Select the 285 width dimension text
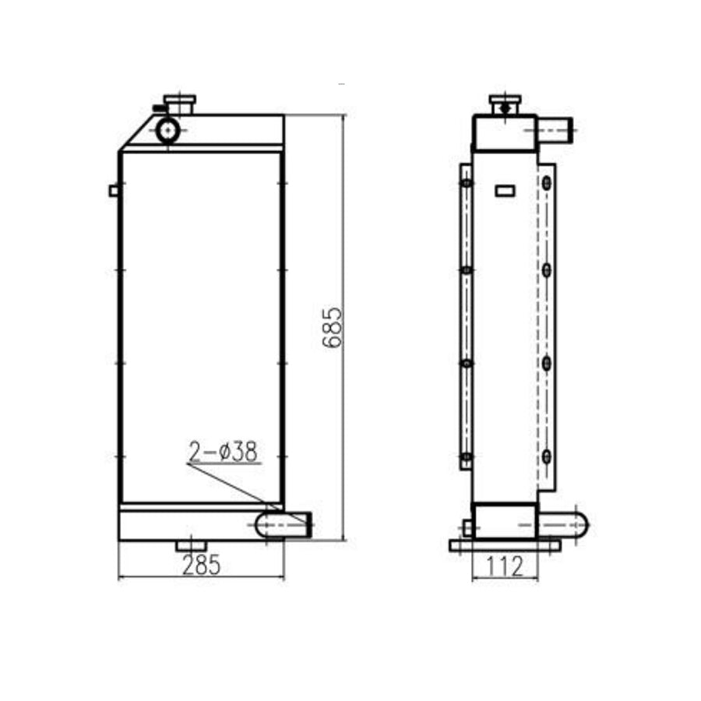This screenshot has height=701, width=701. pos(201,566)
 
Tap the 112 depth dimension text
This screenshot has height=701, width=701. pos(504,567)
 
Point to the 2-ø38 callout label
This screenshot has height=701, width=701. pos(223,452)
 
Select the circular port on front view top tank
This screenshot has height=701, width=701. pos(167,130)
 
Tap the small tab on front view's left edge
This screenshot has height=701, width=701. pos(114,190)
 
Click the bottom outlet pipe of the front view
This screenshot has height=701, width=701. pos(284,524)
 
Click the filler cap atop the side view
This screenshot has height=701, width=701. pos(505,104)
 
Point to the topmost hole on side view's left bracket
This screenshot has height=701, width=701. pos(466,184)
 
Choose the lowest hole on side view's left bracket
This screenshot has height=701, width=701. pos(466,456)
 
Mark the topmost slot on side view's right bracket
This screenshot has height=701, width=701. pos(548,183)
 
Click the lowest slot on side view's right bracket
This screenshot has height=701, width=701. pos(548,456)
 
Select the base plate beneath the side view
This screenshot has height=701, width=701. pos(505,545)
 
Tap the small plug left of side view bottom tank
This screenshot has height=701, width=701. pos(467,527)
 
